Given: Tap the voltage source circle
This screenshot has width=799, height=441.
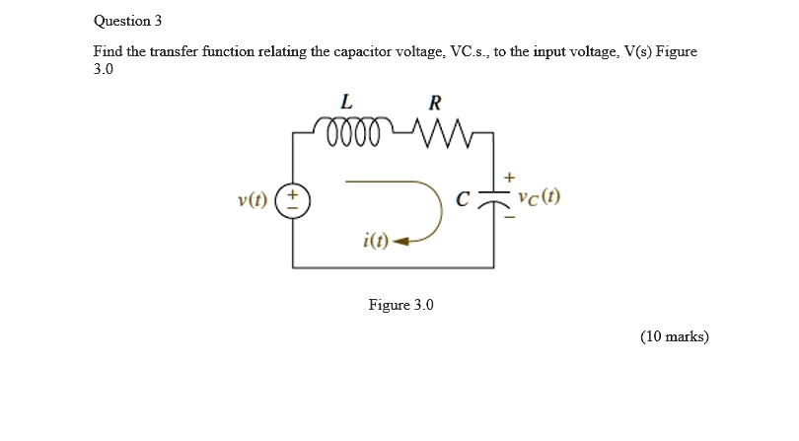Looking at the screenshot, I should pos(292,199).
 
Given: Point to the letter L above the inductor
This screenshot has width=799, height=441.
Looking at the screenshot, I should pos(345,102).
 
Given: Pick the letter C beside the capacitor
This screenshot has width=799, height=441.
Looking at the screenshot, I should pos(462,199).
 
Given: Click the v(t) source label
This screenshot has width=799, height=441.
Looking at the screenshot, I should pos(253,199).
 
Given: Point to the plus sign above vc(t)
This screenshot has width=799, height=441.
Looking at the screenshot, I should pos(509,176).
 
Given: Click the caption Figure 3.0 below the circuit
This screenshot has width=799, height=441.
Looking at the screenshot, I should pos(400,305).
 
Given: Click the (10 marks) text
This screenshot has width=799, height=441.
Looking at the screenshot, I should pos(674,336).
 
